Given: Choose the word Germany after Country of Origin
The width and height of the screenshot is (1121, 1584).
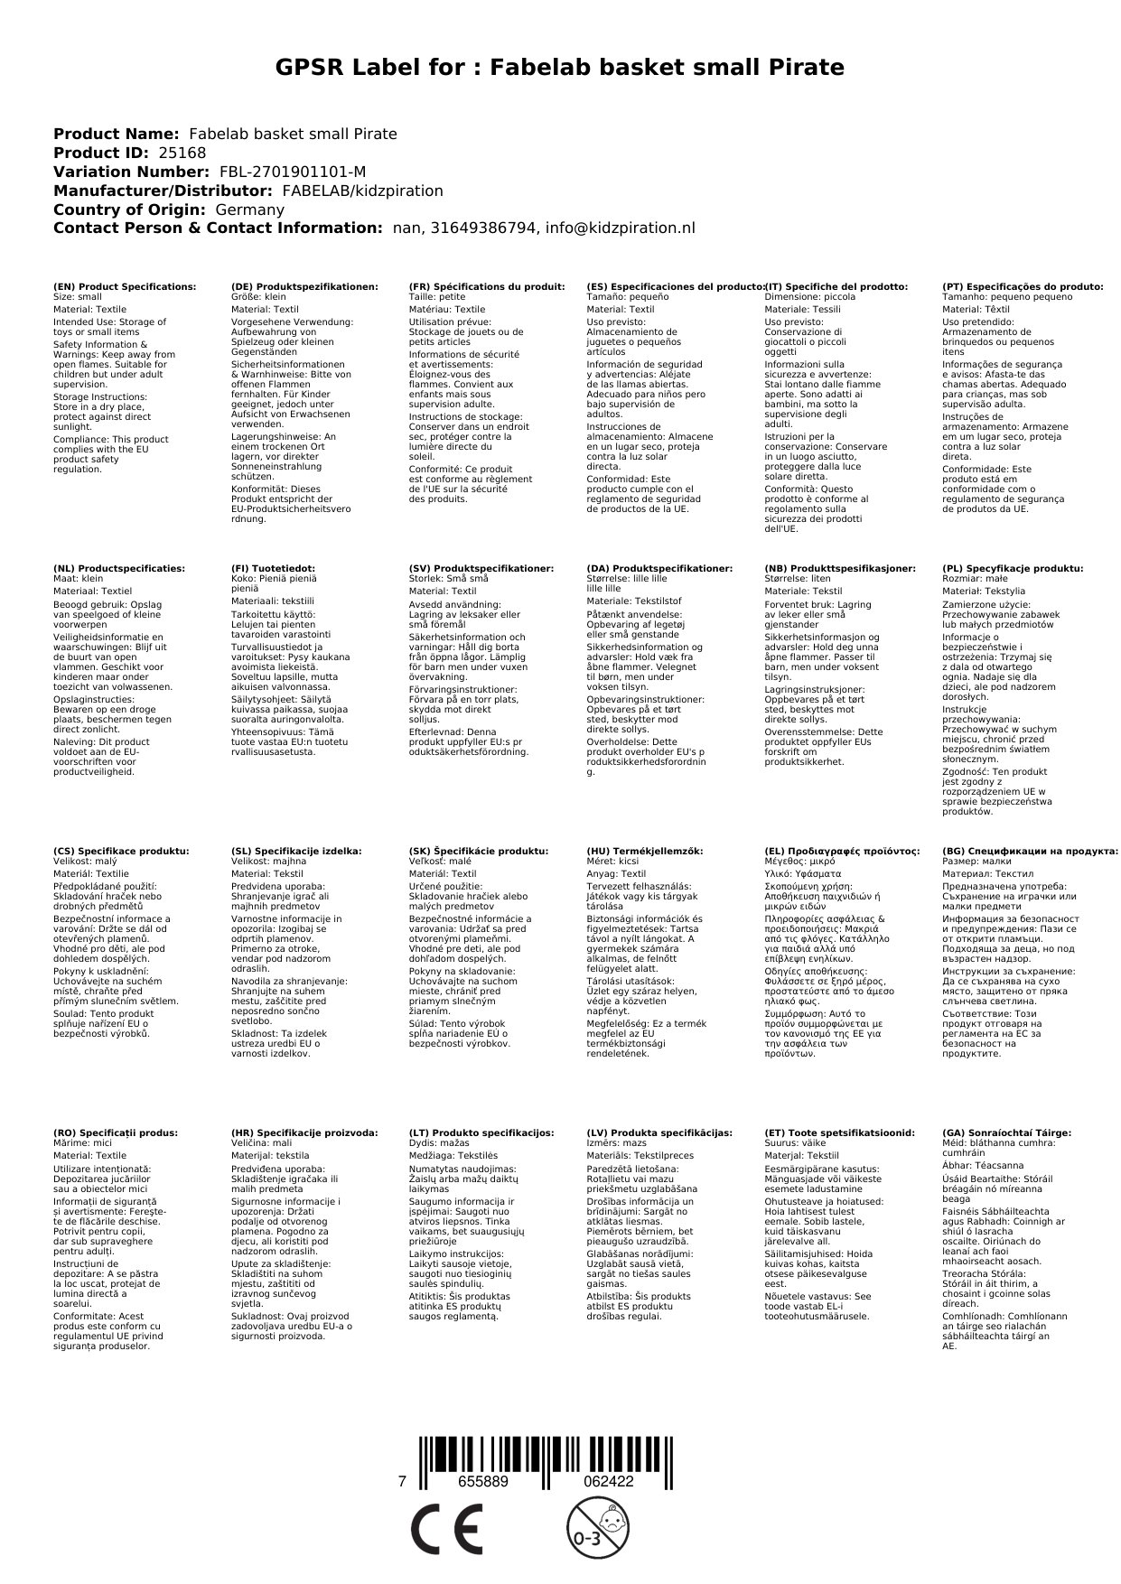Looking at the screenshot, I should pyautogui.click(x=248, y=210).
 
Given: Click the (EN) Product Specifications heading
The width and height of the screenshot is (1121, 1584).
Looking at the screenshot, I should pyautogui.click(x=125, y=286).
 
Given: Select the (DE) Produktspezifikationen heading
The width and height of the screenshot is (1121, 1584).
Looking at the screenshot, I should pyautogui.click(x=304, y=286).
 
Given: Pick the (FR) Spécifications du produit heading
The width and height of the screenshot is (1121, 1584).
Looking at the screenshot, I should pyautogui.click(x=487, y=286).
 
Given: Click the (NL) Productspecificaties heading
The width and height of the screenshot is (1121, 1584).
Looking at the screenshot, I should pyautogui.click(x=119, y=569).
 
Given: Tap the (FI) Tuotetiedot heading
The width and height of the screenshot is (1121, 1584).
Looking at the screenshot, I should pyautogui.click(x=274, y=569).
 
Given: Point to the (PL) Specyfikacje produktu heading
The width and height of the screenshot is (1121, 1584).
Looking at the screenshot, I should pyautogui.click(x=1013, y=569).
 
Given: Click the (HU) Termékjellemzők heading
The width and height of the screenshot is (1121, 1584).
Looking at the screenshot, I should pyautogui.click(x=645, y=851).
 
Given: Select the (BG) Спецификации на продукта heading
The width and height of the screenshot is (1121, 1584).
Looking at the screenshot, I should pyautogui.click(x=1030, y=851).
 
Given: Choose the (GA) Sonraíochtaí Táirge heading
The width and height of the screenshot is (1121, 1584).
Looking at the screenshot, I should pyautogui.click(x=1006, y=1132).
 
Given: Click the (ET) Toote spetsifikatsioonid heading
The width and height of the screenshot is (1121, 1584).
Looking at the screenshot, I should pyautogui.click(x=839, y=1132).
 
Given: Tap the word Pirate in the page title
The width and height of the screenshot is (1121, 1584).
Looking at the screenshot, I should pyautogui.click(x=800, y=68).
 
